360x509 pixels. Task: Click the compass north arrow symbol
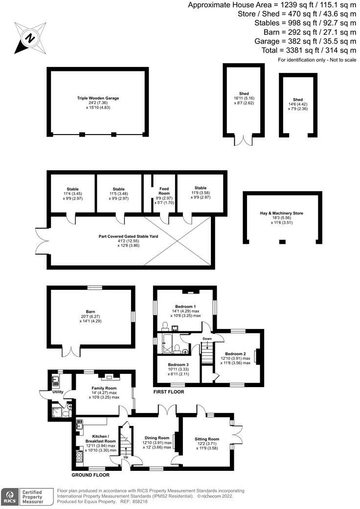point(29,37)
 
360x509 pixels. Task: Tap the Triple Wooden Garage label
point(98,98)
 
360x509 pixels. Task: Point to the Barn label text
point(90,311)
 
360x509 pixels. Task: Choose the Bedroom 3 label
point(178,365)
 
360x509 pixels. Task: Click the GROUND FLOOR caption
point(90,475)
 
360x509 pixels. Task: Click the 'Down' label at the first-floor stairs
point(208,338)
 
